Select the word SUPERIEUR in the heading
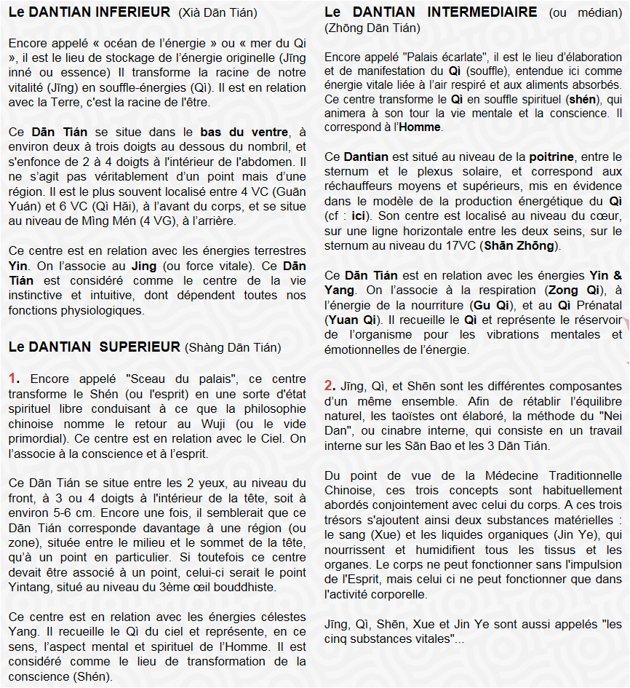143,347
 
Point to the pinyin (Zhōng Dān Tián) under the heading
372,28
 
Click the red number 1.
14,379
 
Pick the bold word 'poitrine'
551,157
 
